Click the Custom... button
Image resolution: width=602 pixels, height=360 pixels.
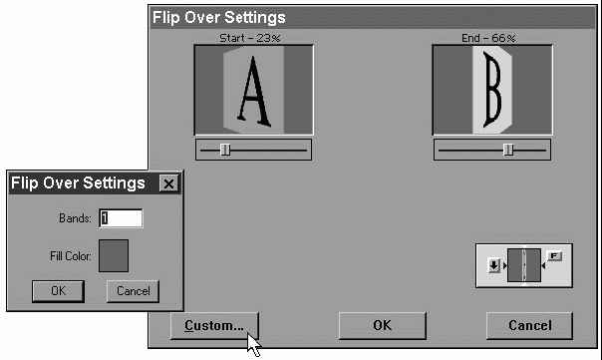pyautogui.click(x=214, y=325)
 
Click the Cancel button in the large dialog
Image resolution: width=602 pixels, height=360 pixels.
pyautogui.click(x=529, y=325)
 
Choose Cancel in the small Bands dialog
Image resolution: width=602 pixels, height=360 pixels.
pyautogui.click(x=133, y=291)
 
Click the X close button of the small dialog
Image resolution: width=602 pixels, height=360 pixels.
pyautogui.click(x=168, y=183)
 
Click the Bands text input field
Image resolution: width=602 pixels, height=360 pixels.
pyautogui.click(x=121, y=218)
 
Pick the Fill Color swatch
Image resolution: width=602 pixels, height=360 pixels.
pyautogui.click(x=114, y=255)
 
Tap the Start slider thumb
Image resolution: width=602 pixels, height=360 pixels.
pyautogui.click(x=225, y=150)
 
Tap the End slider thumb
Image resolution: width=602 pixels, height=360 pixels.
pyautogui.click(x=508, y=150)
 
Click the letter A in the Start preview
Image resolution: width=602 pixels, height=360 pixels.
pyautogui.click(x=254, y=92)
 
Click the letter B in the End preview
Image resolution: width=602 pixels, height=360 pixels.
pyautogui.click(x=492, y=90)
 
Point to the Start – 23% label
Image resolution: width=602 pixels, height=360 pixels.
pyautogui.click(x=250, y=38)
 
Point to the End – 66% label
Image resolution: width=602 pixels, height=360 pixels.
pyautogui.click(x=488, y=38)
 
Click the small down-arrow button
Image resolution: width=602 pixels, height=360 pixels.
pyautogui.click(x=493, y=265)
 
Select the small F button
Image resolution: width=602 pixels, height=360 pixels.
pyautogui.click(x=554, y=256)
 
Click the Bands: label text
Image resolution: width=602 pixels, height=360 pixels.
pyautogui.click(x=76, y=218)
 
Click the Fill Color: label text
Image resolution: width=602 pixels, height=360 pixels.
pyautogui.click(x=71, y=256)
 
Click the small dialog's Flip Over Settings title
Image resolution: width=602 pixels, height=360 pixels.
pyautogui.click(x=78, y=182)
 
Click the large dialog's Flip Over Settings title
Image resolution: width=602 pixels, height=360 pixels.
pyautogui.click(x=219, y=17)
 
